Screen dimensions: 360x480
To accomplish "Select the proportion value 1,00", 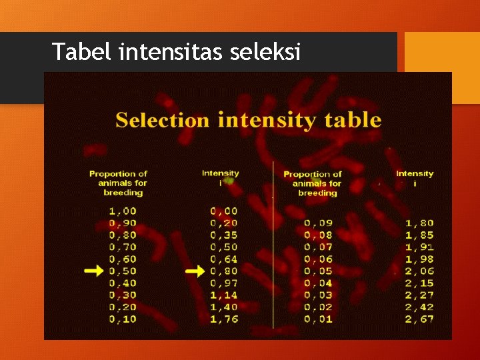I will (x=123, y=211).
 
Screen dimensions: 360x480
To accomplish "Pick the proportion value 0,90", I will (x=123, y=223).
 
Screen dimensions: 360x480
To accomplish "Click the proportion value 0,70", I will (x=123, y=247).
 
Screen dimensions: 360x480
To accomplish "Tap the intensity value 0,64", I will (x=224, y=259).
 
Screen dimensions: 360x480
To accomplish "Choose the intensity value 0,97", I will (x=224, y=283).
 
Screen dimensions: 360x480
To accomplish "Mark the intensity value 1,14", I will (x=224, y=295).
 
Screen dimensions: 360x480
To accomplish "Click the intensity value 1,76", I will (x=224, y=319).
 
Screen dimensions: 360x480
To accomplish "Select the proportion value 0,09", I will (x=317, y=223).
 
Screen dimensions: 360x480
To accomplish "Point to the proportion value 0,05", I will (x=317, y=271).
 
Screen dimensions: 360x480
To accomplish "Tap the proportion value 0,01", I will (x=317, y=319).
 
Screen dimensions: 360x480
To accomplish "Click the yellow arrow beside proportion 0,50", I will (x=95, y=271).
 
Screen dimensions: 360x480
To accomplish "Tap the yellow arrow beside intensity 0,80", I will (x=195, y=271).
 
